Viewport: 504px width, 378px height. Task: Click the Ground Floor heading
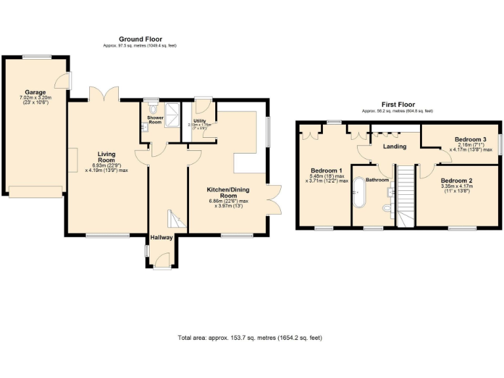pos(140,39)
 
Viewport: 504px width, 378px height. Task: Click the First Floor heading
pos(398,104)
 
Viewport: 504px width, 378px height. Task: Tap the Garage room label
pos(35,92)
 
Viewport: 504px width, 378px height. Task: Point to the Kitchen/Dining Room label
pos(227,191)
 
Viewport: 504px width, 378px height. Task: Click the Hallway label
pos(161,238)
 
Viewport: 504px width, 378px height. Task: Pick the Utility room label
pos(199,121)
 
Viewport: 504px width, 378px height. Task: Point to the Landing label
pos(394,146)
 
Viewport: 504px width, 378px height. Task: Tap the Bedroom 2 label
pos(456,180)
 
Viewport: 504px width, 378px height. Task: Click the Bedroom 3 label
pos(471,140)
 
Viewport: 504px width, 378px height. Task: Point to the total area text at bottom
pos(249,338)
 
